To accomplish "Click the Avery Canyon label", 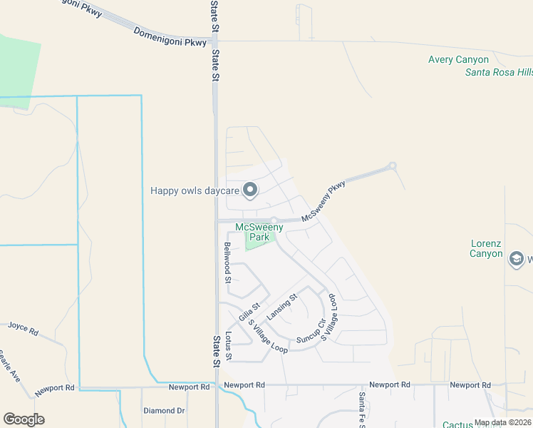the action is [x=458, y=60].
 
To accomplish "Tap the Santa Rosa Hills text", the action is [x=498, y=72].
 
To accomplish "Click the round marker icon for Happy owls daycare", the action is [x=250, y=190].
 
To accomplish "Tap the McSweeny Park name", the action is [x=259, y=233].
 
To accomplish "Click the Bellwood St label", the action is [x=228, y=263].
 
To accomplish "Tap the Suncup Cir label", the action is [x=311, y=329].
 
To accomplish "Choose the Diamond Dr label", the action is [x=164, y=411].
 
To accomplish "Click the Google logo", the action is [x=24, y=419].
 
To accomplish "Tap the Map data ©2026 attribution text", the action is [x=502, y=423].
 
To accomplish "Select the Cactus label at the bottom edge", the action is [x=457, y=424].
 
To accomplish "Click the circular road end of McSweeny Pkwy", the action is [x=391, y=166].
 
